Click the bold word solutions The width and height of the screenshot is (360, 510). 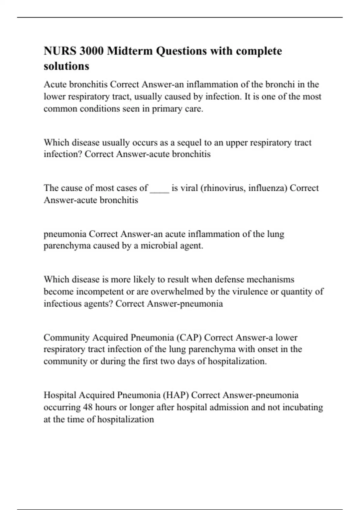click(66, 66)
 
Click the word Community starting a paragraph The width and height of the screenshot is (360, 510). click(67, 337)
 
